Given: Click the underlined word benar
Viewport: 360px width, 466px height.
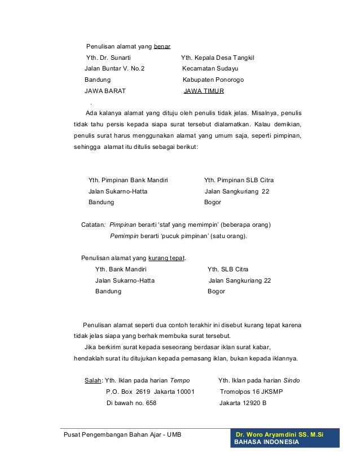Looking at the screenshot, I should pos(162,46).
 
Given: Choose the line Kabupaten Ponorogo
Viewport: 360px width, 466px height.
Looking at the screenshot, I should pos(211,80).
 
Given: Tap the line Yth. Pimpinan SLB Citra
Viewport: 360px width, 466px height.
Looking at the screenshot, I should pos(239,180).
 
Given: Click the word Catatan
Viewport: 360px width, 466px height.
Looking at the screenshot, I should pos(93,224).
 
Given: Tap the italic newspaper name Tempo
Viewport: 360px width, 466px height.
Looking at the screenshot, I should pos(180,380).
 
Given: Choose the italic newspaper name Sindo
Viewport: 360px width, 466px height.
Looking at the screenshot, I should pos(291,380).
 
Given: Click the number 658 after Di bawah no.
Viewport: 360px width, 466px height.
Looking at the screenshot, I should pos(148,403).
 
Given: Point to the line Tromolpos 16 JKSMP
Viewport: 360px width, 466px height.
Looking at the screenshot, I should pos(251,392).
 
